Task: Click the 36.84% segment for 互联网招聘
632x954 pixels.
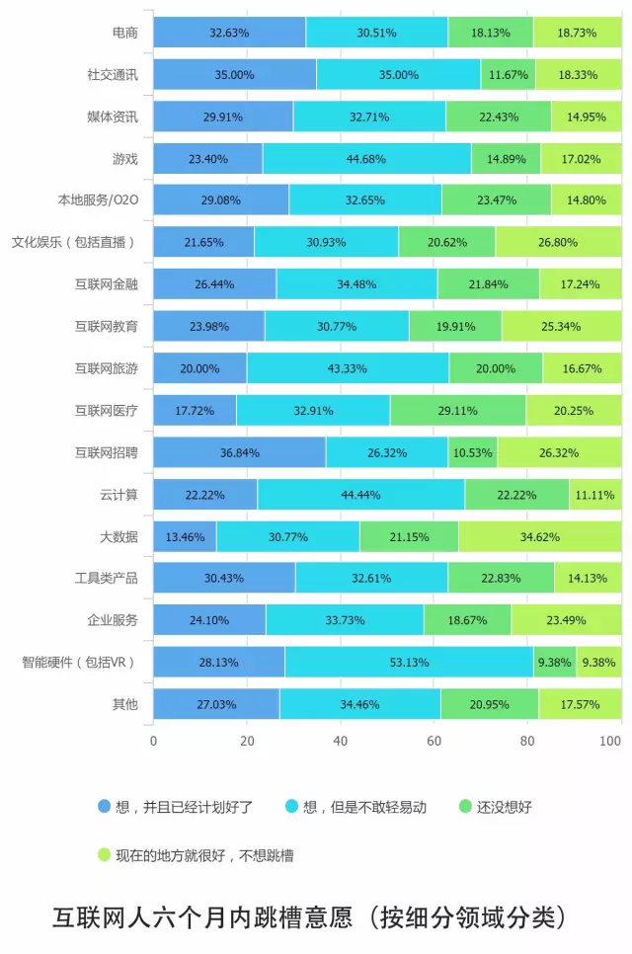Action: tap(239, 452)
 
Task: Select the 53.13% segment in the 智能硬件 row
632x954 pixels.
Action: tap(409, 662)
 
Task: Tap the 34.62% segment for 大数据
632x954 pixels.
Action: tap(539, 536)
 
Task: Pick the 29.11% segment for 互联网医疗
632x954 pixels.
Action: tap(458, 410)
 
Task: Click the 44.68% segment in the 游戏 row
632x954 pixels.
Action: tap(366, 158)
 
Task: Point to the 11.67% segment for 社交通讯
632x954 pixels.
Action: tap(508, 74)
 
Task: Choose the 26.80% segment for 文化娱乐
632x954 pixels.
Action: tap(558, 242)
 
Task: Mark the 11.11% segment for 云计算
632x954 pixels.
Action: tap(594, 494)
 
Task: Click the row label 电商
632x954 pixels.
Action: tap(125, 33)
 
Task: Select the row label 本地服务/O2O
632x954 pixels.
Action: tap(98, 200)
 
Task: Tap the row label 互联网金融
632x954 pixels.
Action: tap(107, 284)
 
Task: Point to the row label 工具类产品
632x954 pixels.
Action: tap(107, 578)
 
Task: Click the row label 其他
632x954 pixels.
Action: tap(125, 704)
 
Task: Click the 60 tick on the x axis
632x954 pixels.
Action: tap(434, 740)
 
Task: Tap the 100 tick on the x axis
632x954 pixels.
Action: tap(613, 740)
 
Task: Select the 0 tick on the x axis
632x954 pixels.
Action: tap(153, 740)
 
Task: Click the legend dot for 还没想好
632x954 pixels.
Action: tap(465, 806)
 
